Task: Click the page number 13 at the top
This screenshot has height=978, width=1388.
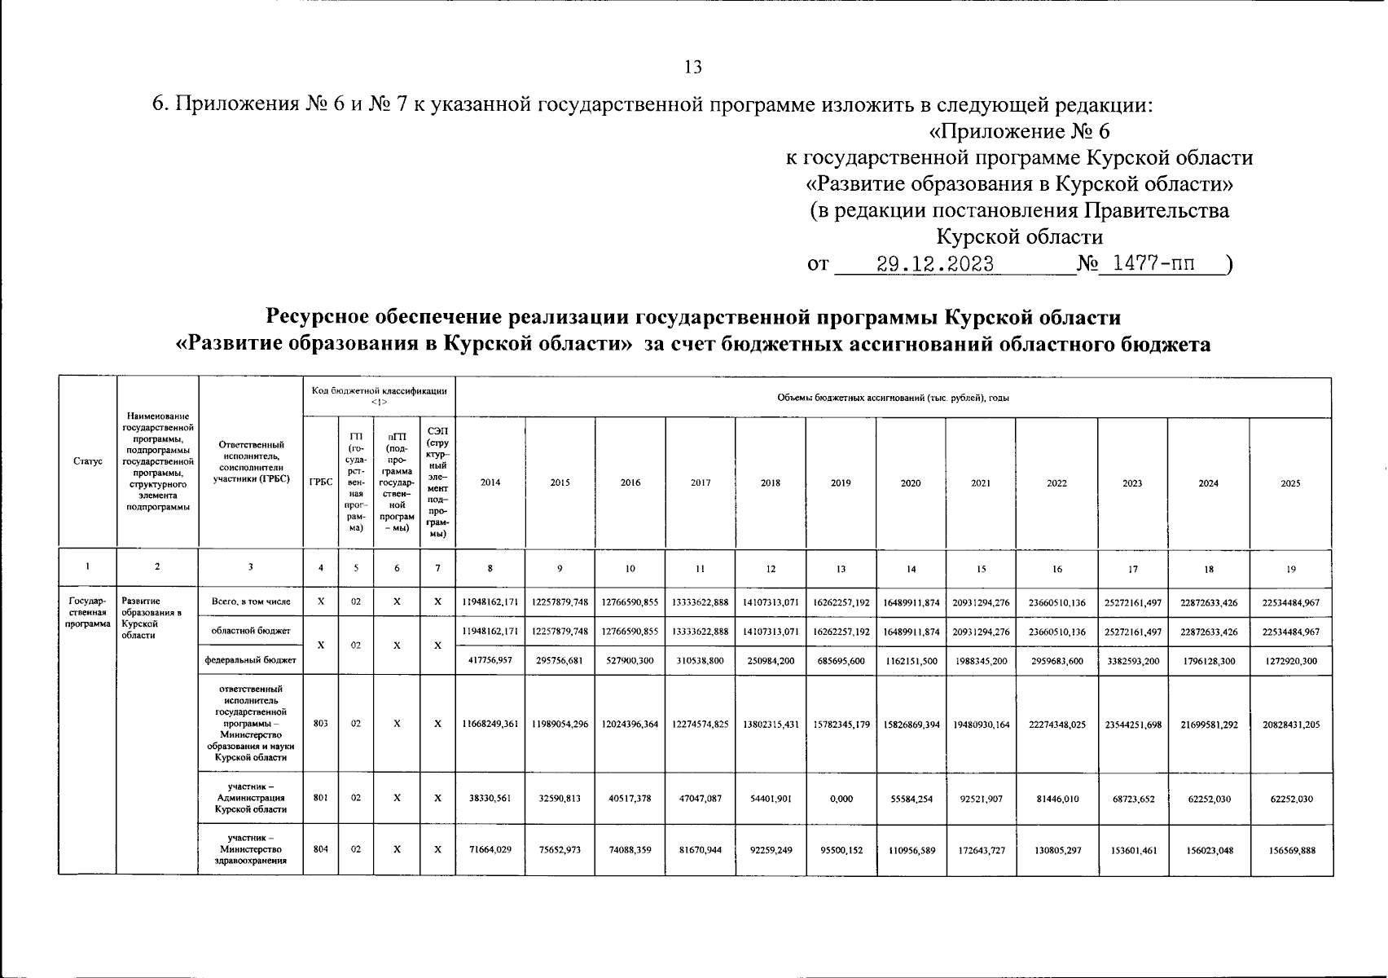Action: [693, 68]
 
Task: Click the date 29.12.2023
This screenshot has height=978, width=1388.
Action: [934, 264]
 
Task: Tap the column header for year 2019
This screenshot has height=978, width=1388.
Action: [841, 482]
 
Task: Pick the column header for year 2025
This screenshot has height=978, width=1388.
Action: [1290, 482]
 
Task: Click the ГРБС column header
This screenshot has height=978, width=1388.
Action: [321, 482]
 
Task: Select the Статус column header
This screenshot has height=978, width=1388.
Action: [87, 461]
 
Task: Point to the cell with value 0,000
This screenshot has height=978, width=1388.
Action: [841, 799]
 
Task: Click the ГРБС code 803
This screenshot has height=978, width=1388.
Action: [321, 723]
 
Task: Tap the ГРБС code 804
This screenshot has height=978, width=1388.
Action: [321, 849]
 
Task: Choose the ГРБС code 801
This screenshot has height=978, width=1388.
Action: [321, 799]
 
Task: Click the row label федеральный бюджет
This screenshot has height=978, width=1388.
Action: [250, 660]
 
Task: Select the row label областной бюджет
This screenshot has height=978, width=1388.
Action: [250, 631]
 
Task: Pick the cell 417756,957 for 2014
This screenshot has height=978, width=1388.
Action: [490, 660]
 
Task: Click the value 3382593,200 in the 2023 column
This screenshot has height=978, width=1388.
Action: [1132, 661]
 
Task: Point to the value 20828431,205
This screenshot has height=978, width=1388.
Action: [1290, 724]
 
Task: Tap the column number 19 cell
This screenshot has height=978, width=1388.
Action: [1290, 569]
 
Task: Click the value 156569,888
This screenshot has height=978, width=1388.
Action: [1290, 850]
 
